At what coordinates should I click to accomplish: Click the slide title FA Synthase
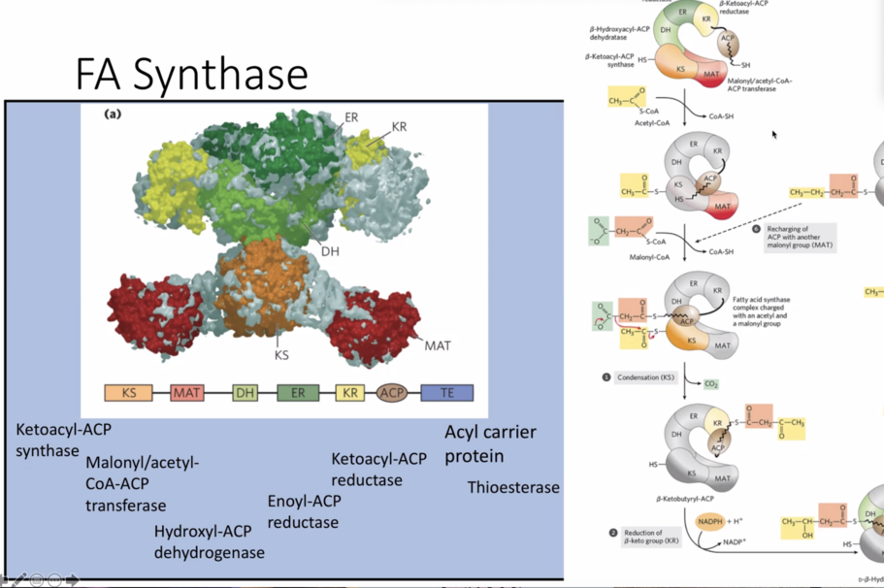tap(191, 74)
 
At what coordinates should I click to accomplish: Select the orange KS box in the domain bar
tap(129, 393)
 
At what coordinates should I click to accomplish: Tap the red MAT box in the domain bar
tap(186, 393)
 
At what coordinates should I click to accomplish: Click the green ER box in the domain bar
tap(297, 393)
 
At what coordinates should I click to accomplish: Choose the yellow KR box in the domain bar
tap(350, 393)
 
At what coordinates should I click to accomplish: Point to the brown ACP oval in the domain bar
tap(392, 393)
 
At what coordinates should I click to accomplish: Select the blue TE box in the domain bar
tap(446, 393)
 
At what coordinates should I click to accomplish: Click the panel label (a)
tap(113, 114)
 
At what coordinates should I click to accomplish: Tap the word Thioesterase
tap(513, 486)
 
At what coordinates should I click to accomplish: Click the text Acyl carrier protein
tap(490, 443)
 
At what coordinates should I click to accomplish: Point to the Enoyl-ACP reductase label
tap(303, 511)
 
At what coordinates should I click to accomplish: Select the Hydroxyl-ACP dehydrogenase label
tap(210, 541)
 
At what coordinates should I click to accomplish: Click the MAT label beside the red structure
tap(437, 343)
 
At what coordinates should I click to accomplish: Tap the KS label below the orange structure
tap(281, 355)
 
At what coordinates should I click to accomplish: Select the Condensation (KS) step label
tap(644, 376)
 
